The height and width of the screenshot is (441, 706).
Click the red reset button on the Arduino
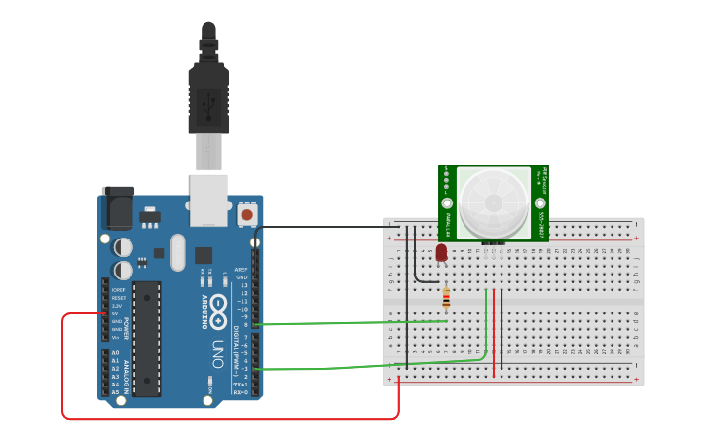click(x=246, y=214)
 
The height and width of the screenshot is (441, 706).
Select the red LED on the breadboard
click(x=441, y=252)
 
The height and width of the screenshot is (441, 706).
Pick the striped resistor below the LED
click(x=446, y=296)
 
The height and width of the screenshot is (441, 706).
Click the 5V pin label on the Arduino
click(x=115, y=313)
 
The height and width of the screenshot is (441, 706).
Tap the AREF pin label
click(x=242, y=270)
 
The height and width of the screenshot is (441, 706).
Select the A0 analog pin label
click(x=115, y=353)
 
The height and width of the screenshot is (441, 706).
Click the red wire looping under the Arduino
click(x=224, y=419)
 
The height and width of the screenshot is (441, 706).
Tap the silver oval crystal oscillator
click(x=177, y=252)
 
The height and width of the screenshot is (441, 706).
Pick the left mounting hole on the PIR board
click(x=448, y=204)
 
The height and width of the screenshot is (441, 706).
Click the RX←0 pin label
click(x=240, y=393)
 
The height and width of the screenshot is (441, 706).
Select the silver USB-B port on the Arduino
click(x=208, y=200)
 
